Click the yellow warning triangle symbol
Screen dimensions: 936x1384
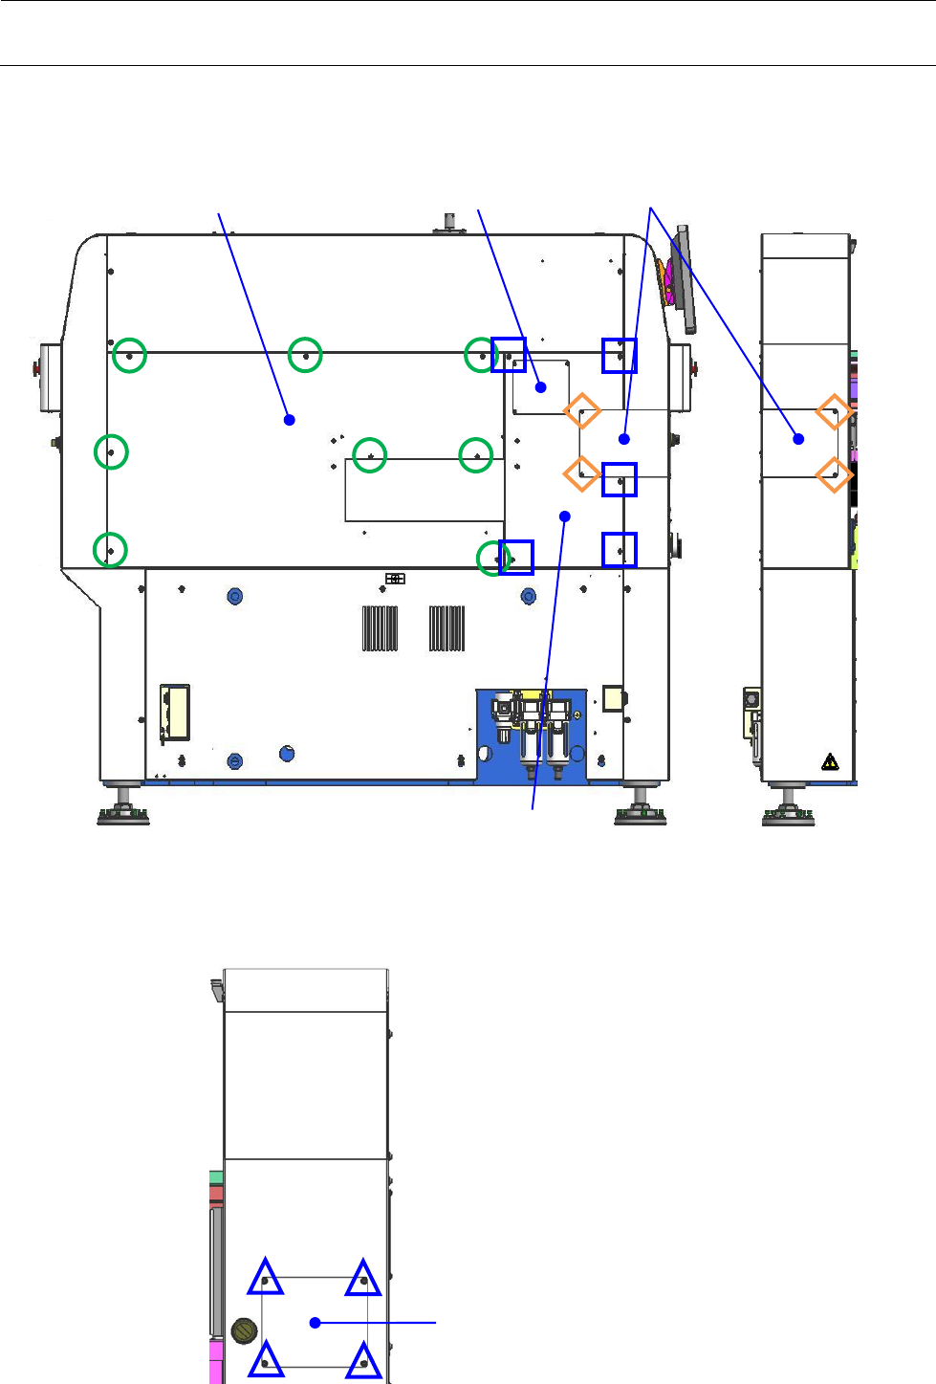coord(830,762)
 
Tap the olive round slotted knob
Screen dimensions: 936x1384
coord(245,1329)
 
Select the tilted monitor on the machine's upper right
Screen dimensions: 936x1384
coord(684,279)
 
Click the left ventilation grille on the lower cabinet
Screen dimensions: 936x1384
coord(380,628)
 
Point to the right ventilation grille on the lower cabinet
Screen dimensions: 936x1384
coord(446,628)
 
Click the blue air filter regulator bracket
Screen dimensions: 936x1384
coord(532,736)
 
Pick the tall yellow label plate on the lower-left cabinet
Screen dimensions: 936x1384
coord(174,713)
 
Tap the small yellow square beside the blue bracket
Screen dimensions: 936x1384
coord(612,697)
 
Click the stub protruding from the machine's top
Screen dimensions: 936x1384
coord(448,221)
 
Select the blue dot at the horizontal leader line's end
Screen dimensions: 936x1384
coord(315,1323)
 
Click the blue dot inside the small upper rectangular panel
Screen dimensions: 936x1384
coord(541,387)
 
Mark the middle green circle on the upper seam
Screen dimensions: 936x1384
coord(305,355)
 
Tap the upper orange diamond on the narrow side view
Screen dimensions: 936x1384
coord(834,413)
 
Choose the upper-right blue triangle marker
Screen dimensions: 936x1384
coord(363,1278)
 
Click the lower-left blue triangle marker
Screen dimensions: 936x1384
coord(266,1359)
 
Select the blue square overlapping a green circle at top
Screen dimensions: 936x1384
coord(509,355)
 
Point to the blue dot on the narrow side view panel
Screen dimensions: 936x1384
coord(798,439)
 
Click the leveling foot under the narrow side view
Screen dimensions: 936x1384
coord(788,809)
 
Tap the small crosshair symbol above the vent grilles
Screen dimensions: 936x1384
coord(395,579)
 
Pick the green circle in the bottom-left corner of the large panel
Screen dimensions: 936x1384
coord(111,550)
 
